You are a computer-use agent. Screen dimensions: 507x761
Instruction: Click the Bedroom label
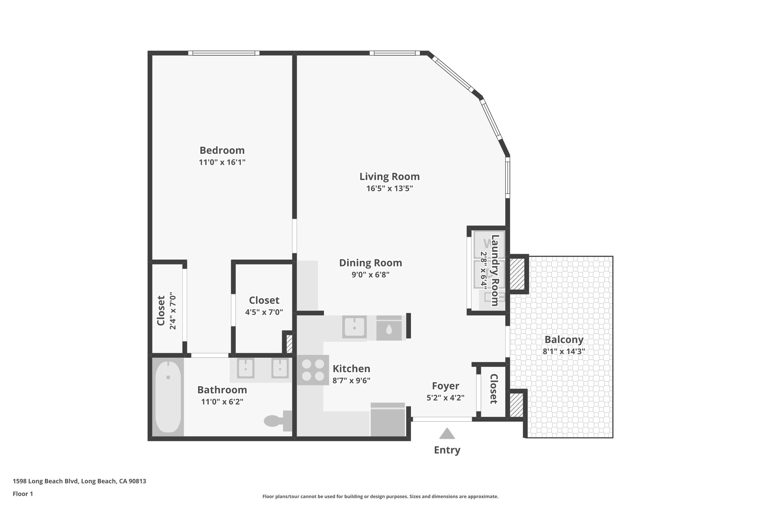[222, 150]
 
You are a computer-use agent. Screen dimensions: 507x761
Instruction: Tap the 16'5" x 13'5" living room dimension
[389, 188]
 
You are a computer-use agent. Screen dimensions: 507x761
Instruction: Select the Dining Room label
[370, 263]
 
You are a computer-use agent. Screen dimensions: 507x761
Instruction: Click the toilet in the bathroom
[277, 420]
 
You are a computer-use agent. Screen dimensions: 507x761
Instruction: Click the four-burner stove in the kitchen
[313, 370]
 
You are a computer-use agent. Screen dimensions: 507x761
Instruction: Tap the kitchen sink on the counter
[354, 327]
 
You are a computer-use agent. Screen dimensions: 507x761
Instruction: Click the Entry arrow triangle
[447, 434]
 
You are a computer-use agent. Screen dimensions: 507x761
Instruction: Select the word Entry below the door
[447, 450]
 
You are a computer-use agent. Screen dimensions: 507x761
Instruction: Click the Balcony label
[564, 339]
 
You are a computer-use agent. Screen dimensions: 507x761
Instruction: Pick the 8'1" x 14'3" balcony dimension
[564, 351]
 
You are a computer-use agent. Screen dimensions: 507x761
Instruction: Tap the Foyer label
[446, 386]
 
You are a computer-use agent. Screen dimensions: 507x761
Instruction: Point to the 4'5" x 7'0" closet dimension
[264, 312]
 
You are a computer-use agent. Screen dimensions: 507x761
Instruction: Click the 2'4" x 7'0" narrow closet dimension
[172, 311]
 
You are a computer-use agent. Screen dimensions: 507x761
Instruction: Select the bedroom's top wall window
[224, 53]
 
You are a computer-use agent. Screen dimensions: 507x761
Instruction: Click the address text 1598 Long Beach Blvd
[79, 481]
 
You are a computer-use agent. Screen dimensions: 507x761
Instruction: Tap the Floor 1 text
[23, 494]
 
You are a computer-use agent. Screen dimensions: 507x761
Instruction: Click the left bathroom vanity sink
[245, 368]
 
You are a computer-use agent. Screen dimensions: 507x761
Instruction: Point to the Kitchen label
[351, 369]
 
